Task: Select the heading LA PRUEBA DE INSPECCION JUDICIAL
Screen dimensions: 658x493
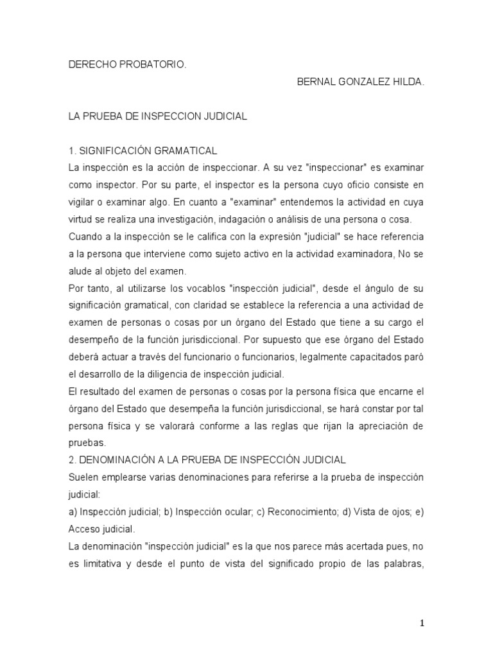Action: click(157, 117)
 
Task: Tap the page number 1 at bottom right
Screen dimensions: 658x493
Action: click(422, 623)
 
